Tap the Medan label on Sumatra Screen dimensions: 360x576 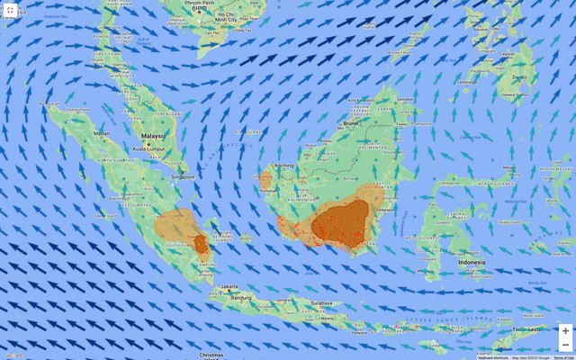[x=102, y=133]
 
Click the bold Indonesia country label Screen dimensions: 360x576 [x=472, y=262]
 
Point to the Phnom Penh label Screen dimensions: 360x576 [x=200, y=4]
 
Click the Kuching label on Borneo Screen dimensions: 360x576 [x=285, y=166]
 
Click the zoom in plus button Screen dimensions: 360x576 [x=565, y=331]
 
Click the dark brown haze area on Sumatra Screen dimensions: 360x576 [x=201, y=243]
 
